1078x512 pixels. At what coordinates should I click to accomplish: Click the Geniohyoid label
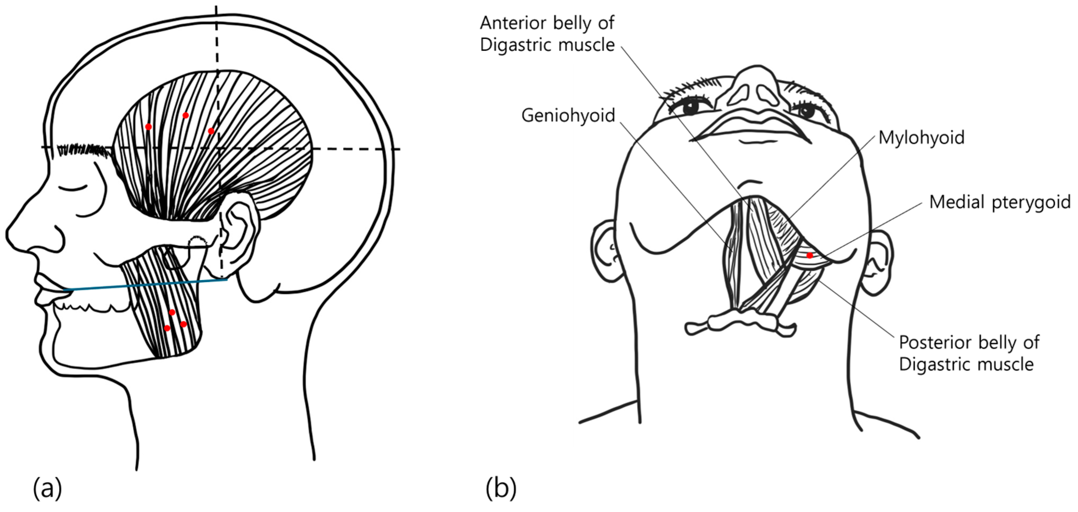click(568, 115)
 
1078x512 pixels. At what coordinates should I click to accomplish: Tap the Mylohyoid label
click(921, 138)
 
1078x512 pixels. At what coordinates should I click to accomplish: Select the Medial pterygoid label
click(999, 202)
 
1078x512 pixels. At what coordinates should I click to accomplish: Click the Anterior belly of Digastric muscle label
click(547, 34)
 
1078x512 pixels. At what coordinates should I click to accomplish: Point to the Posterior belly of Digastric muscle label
click(969, 353)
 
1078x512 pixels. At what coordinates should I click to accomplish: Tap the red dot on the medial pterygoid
click(810, 255)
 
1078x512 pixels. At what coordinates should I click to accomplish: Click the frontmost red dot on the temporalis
click(148, 127)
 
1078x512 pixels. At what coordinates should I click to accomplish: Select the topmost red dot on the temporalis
click(186, 115)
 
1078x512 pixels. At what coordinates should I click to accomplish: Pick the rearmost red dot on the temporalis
click(211, 131)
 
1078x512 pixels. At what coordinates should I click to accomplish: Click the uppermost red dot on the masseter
click(172, 312)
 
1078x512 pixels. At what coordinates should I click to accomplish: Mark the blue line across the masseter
click(147, 285)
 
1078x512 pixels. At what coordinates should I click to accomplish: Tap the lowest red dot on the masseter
click(167, 328)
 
